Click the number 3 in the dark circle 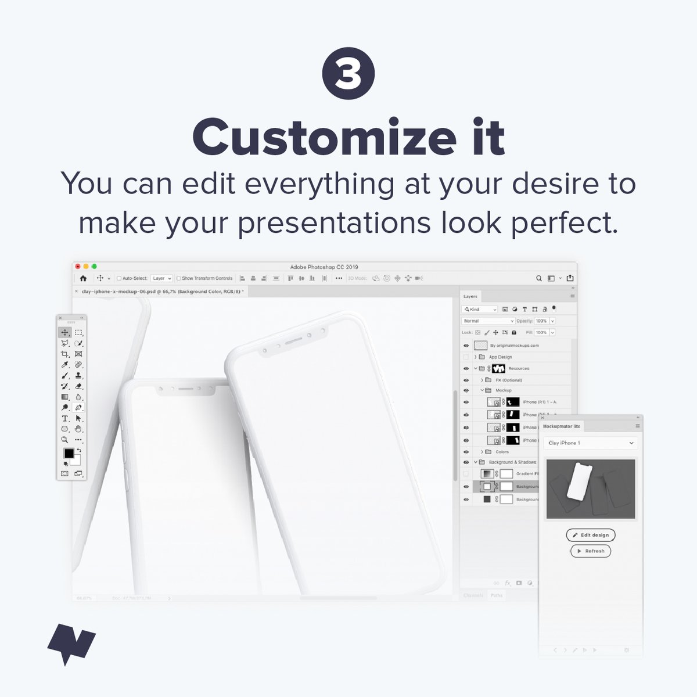tap(348, 74)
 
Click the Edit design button tap(591, 535)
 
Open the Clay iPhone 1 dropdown tap(591, 443)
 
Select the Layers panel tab tap(470, 296)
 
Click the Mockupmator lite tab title tap(561, 426)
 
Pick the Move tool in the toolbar tap(64, 333)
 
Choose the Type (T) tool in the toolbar tap(65, 419)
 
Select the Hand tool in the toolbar tap(78, 429)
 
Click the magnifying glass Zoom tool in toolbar tap(65, 440)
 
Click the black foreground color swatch tap(69, 453)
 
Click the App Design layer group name tap(500, 357)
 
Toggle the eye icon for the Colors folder tap(466, 451)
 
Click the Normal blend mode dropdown tap(488, 321)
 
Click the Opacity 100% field tap(541, 321)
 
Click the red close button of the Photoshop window tap(78, 267)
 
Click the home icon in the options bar tap(83, 278)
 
